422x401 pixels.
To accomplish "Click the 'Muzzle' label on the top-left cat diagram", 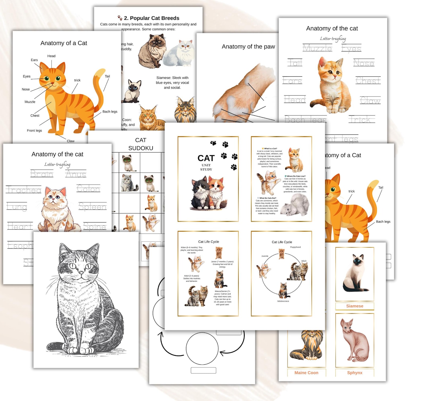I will coord(30,102).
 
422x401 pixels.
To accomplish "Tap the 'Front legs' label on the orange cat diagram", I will coord(34,130).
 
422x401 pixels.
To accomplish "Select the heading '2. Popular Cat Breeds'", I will coord(151,18).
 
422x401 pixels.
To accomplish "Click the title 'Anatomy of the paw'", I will coord(248,47).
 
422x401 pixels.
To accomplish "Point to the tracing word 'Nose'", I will coord(364,63).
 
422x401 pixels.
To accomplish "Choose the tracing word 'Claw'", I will coord(370,101).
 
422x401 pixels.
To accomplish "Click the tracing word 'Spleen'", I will coord(92,206).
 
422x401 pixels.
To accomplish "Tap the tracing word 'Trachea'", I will coord(24,190).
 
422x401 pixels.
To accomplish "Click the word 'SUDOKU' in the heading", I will coord(141,148).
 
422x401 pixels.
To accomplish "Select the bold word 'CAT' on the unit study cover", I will coord(206,158).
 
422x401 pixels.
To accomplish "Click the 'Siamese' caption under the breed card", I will coord(355,306).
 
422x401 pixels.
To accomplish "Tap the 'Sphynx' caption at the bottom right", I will coord(355,373).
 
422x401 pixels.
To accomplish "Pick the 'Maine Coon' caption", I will coord(306,373).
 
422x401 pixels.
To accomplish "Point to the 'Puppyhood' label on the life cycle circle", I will coord(295,247).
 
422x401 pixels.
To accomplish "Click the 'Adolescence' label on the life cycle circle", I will coord(283,301).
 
